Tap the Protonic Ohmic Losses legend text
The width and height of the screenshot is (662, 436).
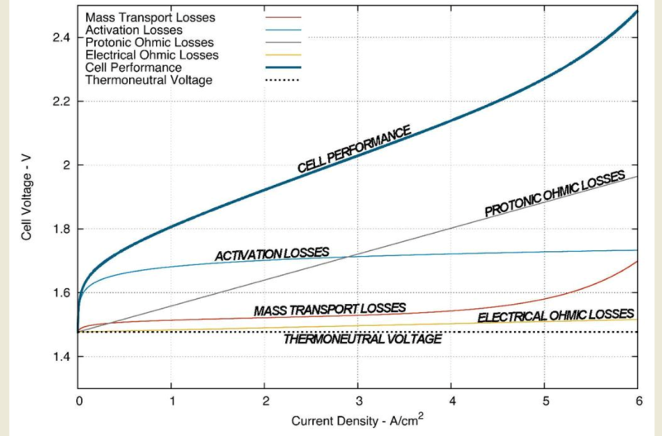(149, 42)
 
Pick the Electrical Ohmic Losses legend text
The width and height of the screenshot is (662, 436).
(152, 54)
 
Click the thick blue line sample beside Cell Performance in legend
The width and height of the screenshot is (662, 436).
(282, 67)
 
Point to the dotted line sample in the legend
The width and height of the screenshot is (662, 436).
(282, 80)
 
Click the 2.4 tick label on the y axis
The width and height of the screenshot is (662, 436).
(60, 38)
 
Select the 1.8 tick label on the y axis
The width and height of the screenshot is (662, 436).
(60, 230)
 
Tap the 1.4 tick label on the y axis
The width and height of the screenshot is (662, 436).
(60, 357)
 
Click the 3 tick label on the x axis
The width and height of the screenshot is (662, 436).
(358, 400)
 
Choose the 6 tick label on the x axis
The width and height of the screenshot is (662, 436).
(637, 400)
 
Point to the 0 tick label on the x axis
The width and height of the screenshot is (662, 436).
(79, 400)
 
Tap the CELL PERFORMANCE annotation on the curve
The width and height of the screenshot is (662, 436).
(355, 149)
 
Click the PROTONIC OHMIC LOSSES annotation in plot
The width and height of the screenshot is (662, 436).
(555, 195)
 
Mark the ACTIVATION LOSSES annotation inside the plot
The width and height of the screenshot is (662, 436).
(272, 254)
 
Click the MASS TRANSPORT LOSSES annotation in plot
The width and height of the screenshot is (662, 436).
(330, 310)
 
